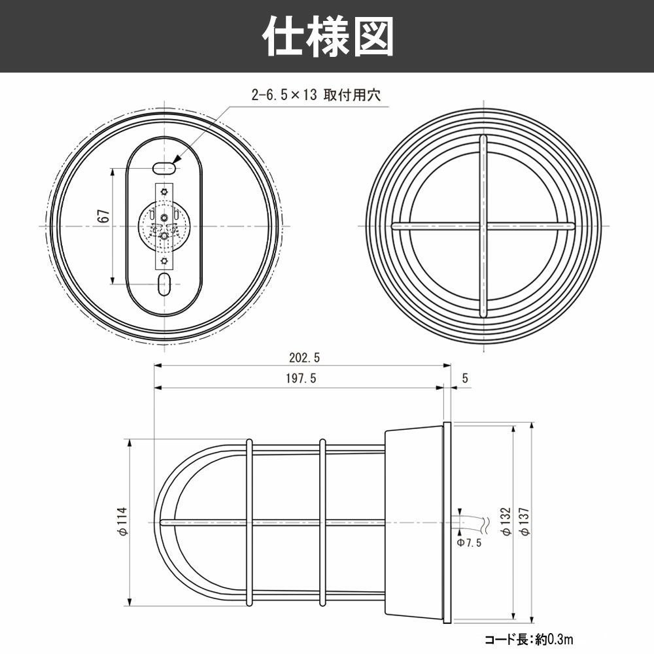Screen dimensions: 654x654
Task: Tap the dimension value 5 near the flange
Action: [x=465, y=377]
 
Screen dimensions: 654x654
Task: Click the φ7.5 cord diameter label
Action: [x=468, y=542]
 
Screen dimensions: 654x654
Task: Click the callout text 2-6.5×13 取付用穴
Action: [x=316, y=95]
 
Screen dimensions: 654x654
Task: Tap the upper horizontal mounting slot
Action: [x=164, y=168]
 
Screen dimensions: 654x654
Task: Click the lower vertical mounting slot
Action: [x=164, y=284]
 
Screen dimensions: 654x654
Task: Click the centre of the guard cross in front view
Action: [x=483, y=226]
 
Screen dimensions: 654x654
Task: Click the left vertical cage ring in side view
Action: [x=249, y=522]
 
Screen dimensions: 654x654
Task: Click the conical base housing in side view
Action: [x=413, y=522]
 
